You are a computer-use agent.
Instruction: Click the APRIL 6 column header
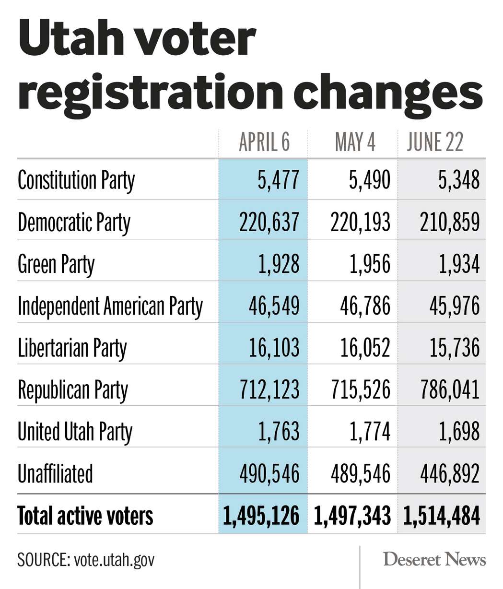click(x=264, y=142)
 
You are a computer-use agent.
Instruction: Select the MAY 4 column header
click(x=355, y=142)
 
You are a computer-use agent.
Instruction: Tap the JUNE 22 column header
click(x=435, y=142)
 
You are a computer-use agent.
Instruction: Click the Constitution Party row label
click(x=76, y=180)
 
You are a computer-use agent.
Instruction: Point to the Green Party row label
click(x=56, y=264)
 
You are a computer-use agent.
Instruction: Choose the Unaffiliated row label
click(x=55, y=474)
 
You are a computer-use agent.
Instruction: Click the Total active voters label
click(x=85, y=516)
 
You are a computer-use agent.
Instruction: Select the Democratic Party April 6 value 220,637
click(x=269, y=223)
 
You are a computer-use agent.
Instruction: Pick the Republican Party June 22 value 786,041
click(x=449, y=390)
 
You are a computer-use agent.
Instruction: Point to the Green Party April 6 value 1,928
click(x=279, y=264)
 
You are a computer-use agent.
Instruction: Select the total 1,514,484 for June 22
click(x=442, y=516)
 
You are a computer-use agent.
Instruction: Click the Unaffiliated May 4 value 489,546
click(x=360, y=474)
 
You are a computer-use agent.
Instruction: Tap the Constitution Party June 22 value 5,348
click(x=459, y=180)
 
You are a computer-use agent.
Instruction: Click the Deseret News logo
click(x=434, y=559)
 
